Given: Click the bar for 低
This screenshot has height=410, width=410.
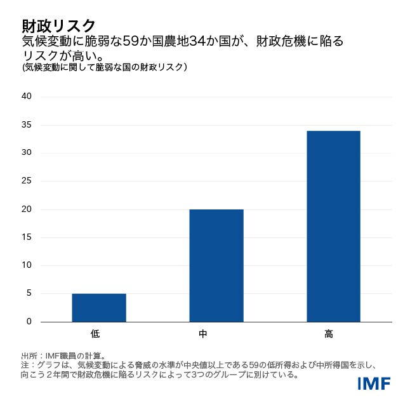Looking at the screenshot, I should tap(99, 308).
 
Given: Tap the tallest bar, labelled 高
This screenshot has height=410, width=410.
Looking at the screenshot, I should tap(333, 226).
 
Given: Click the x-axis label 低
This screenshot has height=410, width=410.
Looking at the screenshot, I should tap(95, 333).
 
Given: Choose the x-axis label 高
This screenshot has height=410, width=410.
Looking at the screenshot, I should tap(329, 333).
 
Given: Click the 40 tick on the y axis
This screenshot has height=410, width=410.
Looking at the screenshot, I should tap(27, 96).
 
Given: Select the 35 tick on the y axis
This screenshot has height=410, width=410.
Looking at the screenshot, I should tap(27, 124).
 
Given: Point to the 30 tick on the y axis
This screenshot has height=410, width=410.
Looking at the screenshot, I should tap(27, 153).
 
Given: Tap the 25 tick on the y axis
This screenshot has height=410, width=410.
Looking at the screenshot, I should tap(27, 181).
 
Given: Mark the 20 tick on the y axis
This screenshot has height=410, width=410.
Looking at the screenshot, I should tap(27, 209).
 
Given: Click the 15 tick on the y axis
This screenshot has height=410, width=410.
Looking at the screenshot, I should tap(27, 237).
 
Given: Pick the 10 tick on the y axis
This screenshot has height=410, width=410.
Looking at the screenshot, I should tap(27, 265).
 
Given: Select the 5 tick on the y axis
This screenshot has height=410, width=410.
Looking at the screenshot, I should tap(29, 294).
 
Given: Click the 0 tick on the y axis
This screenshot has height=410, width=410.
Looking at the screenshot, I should tap(29, 322).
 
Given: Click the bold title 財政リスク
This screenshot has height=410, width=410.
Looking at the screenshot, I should tap(58, 25).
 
